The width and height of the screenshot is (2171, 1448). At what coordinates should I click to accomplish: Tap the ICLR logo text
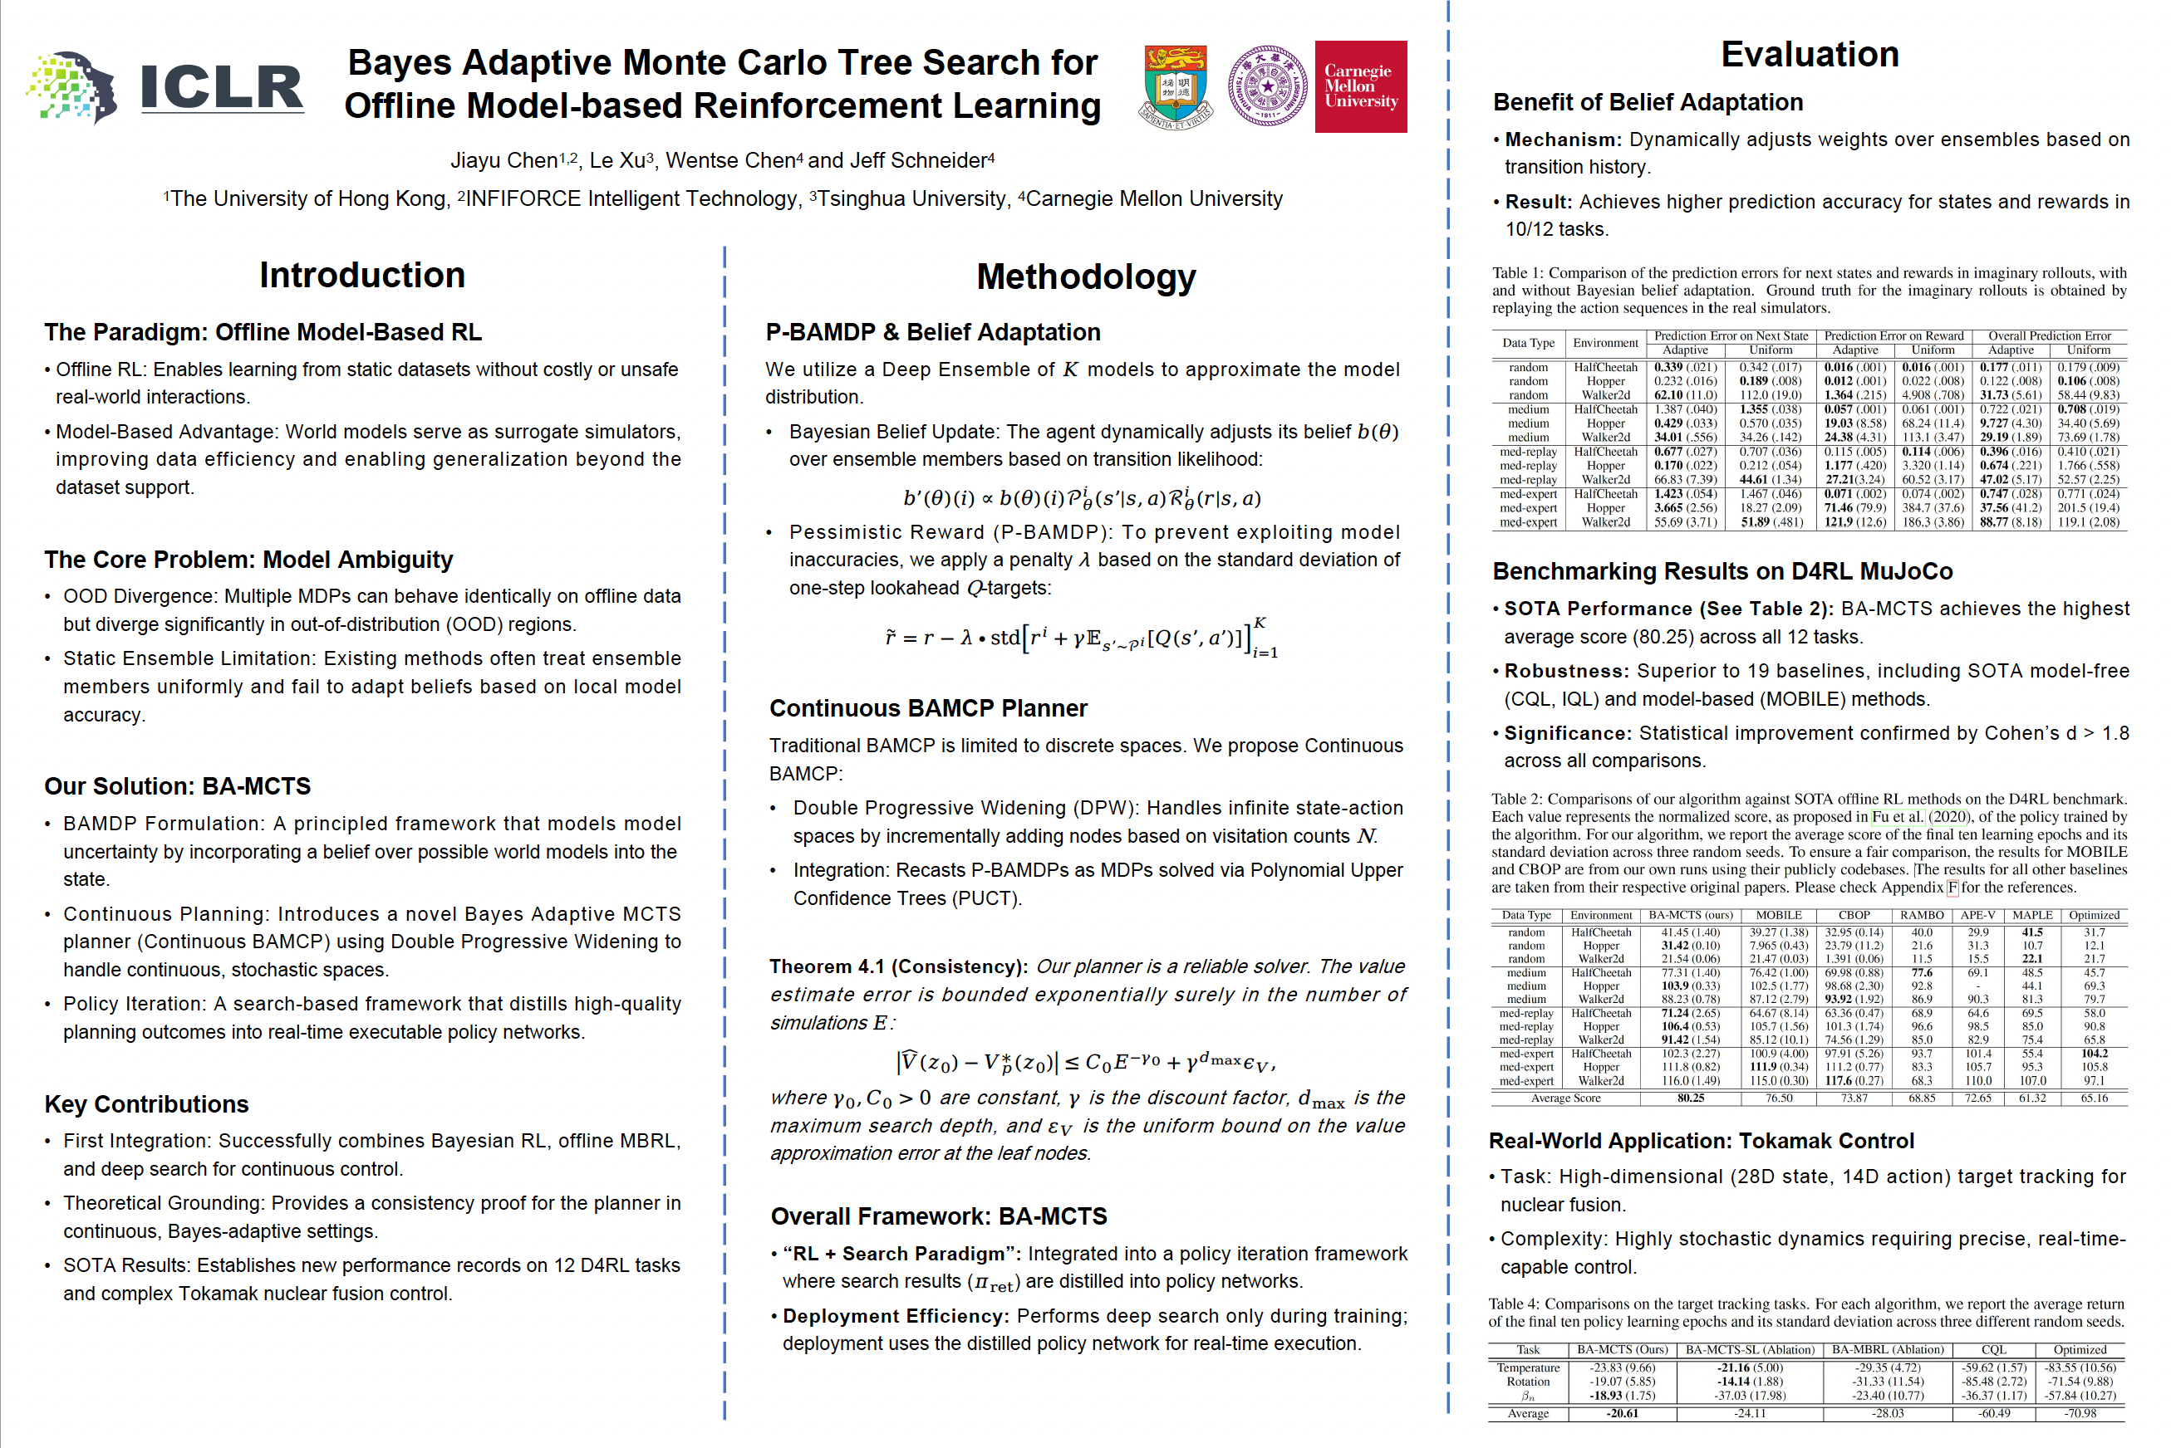(x=222, y=88)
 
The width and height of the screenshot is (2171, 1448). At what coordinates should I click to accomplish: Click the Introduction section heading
(x=361, y=275)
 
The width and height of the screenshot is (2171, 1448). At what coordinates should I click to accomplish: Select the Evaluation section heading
(x=1809, y=55)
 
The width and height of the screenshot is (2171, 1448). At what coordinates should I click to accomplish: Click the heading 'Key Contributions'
(x=146, y=1104)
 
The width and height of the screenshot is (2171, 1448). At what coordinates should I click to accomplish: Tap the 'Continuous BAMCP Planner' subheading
(x=927, y=708)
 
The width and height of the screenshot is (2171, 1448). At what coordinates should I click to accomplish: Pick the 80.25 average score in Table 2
(x=1690, y=1098)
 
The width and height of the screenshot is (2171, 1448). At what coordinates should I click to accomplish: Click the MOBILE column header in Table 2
(x=1778, y=915)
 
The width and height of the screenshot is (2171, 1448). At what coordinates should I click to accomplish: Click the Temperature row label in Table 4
(x=1528, y=1367)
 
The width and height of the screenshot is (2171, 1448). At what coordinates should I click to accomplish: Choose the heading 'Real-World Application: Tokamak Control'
(x=1701, y=1142)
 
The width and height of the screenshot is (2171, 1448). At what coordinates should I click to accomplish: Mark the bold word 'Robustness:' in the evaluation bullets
(x=1566, y=672)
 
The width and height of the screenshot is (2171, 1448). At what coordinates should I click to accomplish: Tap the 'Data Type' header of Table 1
(x=1528, y=343)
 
